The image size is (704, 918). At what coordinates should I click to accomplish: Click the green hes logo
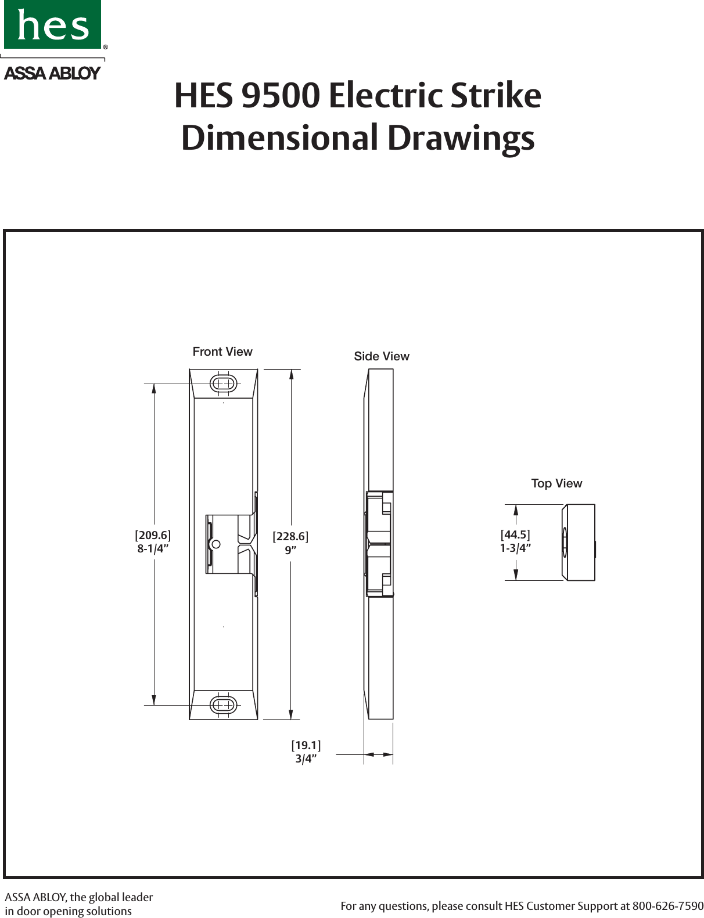[x=52, y=24]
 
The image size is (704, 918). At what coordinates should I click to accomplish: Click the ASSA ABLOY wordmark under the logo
[x=52, y=73]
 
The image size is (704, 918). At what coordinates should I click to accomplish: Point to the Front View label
[x=222, y=352]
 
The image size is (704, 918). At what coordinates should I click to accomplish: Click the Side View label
[x=382, y=356]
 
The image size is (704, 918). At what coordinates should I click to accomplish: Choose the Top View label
[x=556, y=483]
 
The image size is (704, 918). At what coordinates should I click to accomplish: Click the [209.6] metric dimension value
[x=153, y=535]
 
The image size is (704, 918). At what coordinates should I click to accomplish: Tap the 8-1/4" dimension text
[x=153, y=548]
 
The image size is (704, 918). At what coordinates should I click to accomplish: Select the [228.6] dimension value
[x=290, y=537]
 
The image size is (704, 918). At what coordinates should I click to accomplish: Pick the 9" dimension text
[x=290, y=550]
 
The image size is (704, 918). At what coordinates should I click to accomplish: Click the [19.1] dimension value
[x=306, y=745]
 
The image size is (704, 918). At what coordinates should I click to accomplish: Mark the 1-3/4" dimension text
[x=516, y=548]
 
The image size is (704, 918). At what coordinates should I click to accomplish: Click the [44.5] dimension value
[x=516, y=534]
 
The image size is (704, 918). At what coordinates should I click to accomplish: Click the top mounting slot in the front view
[x=223, y=383]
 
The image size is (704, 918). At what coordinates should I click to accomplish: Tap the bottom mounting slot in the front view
[x=223, y=705]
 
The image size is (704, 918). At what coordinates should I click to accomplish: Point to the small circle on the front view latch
[x=215, y=544]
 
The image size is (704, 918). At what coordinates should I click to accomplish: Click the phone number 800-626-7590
[x=668, y=906]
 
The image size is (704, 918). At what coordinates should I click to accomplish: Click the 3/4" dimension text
[x=306, y=758]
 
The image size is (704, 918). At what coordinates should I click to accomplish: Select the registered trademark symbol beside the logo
[x=106, y=46]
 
